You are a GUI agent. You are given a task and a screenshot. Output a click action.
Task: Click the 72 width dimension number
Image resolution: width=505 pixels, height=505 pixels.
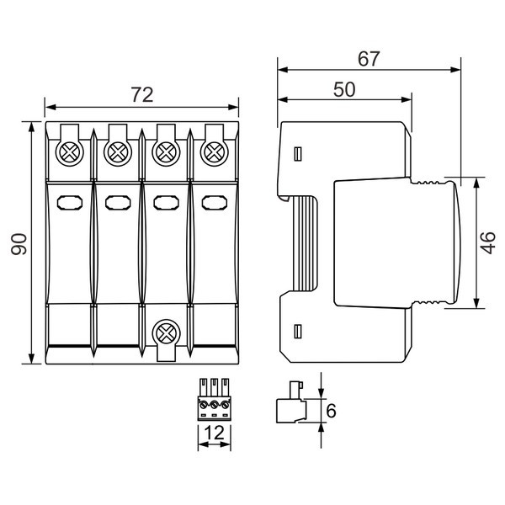pos(142,94)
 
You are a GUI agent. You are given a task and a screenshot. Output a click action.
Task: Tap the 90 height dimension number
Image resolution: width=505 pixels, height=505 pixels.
pos(19,244)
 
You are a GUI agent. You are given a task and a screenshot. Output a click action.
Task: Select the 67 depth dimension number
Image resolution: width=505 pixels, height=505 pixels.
pos(369,59)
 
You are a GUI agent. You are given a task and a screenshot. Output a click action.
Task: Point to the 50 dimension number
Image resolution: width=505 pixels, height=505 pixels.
pos(344,89)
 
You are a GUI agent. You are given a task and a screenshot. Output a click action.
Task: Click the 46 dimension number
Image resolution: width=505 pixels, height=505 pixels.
pos(488,243)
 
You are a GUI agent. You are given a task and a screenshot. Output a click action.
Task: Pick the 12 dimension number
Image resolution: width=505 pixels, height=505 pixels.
pos(214,433)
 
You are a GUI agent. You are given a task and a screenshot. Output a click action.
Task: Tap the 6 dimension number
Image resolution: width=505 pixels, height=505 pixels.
pos(331,411)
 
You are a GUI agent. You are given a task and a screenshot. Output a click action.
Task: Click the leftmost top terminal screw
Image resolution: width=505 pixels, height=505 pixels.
pos(70,152)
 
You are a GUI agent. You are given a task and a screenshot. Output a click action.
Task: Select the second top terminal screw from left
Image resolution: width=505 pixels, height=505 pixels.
pos(118,152)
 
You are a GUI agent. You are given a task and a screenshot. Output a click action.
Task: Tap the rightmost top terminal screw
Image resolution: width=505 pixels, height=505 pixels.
pos(215,152)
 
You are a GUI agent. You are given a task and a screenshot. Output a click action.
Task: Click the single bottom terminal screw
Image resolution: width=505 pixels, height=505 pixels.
pos(166,333)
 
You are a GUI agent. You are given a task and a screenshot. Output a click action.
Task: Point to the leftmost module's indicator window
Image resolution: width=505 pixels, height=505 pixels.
pos(70,203)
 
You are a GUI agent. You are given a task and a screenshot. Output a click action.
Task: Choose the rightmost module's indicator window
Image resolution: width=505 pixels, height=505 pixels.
pos(215,203)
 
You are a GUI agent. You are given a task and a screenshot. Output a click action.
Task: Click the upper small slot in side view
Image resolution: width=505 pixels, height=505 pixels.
pos(298,154)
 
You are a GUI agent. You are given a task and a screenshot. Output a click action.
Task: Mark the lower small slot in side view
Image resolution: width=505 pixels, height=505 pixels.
pos(298,332)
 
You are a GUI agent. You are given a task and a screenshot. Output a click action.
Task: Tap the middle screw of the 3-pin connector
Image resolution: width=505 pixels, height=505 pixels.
pos(214,404)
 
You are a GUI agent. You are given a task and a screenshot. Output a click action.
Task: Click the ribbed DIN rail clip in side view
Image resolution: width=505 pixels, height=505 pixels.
pos(305,244)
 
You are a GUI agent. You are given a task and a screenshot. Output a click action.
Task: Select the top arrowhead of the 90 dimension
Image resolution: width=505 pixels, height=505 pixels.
pos(31,127)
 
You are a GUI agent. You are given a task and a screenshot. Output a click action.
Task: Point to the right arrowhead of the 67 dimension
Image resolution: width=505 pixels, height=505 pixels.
pos(455,70)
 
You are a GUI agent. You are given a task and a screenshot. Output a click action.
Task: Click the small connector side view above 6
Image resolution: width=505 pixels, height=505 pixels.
pos(291,402)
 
